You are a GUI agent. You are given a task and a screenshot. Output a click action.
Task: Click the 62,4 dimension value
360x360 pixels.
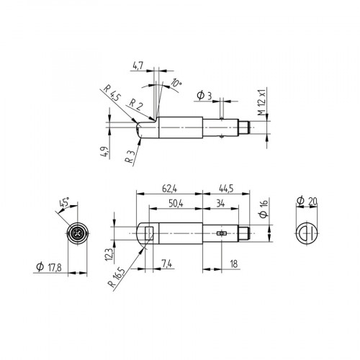[x=169, y=189]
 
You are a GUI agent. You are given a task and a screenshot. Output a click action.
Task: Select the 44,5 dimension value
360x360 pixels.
[x=226, y=189]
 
